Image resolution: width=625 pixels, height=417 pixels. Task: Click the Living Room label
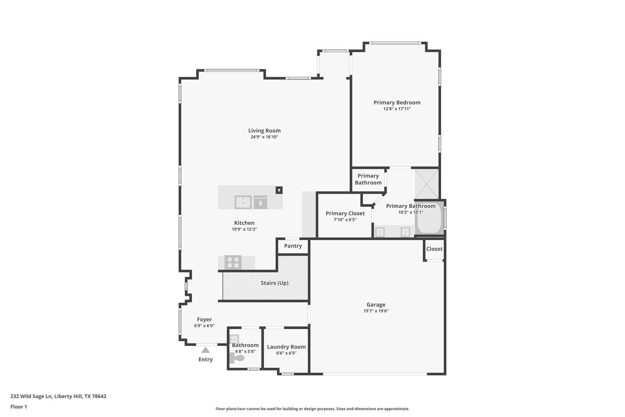(x=264, y=131)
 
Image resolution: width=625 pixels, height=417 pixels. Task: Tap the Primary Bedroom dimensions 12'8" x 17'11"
(x=397, y=109)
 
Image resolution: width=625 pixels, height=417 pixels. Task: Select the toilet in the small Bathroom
(x=238, y=358)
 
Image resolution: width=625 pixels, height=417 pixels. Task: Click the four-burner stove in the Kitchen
(x=233, y=262)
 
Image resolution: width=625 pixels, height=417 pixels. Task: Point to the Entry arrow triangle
(x=205, y=350)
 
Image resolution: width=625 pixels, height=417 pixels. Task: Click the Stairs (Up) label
(x=274, y=283)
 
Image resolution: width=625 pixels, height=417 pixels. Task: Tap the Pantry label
(x=293, y=246)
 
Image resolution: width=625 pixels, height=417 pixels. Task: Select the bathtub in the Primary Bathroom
(x=429, y=218)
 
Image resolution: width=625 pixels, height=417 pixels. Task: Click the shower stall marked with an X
(x=426, y=184)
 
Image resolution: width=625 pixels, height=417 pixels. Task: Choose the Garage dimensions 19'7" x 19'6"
(x=376, y=311)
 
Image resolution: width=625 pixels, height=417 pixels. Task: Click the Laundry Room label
(x=286, y=347)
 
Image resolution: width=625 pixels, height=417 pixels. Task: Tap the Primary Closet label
(x=345, y=214)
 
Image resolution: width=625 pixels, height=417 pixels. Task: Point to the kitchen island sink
(x=243, y=202)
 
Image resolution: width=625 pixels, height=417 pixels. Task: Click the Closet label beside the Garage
(x=434, y=249)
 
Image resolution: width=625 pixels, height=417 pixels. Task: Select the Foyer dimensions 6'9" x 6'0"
(x=204, y=326)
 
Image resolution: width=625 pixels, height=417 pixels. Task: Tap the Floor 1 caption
(x=19, y=407)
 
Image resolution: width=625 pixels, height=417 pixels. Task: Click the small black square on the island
(x=279, y=190)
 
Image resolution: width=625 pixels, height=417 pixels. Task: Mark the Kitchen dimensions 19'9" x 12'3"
(x=244, y=229)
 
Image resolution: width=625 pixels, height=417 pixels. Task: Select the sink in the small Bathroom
(x=234, y=339)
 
